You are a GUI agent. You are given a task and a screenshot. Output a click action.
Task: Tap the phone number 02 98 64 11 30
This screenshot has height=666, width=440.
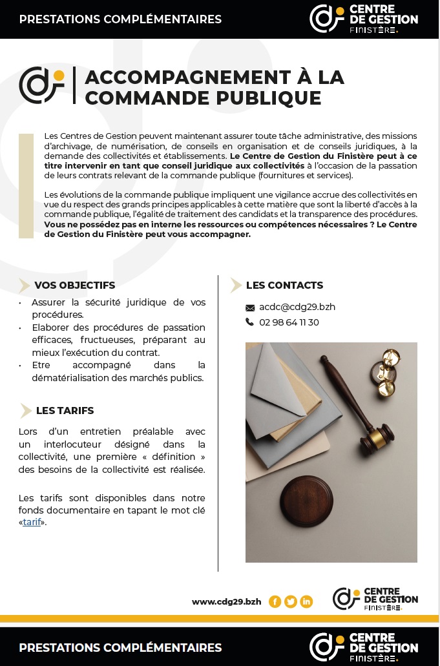coord(289,322)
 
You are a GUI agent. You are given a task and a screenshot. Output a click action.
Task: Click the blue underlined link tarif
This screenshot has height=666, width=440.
coord(32,522)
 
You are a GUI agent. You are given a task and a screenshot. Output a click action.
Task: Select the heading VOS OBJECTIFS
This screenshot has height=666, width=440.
coord(74,285)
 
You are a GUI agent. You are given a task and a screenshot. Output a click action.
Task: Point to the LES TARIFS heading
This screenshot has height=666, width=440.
coord(65,410)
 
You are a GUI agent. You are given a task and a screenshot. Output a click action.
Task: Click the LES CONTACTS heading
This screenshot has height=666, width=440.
coord(284,285)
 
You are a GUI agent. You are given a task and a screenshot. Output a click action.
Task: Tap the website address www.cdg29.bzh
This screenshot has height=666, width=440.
coord(227,601)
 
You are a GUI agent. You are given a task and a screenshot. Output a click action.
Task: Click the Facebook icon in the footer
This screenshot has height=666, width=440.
coord(275,601)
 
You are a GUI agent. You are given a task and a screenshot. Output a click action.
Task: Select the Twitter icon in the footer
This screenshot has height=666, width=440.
coord(291,601)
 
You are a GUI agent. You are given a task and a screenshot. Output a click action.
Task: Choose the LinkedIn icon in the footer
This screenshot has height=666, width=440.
coord(306,601)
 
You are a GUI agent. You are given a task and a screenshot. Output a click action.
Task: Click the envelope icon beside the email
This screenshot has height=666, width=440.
coord(250,307)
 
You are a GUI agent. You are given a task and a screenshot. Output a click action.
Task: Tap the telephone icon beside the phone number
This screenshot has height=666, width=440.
coord(250,322)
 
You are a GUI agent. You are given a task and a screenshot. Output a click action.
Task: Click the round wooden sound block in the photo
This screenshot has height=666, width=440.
coord(307,501)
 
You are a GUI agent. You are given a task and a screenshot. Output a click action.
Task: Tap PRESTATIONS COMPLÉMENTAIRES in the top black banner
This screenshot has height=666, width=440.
coord(120,19)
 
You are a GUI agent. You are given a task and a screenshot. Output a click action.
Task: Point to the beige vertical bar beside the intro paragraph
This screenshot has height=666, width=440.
coord(26,186)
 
